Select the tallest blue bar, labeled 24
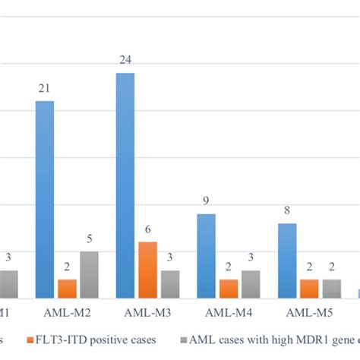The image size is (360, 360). click(125, 185)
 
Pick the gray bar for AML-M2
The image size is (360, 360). click(89, 274)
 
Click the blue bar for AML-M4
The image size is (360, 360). click(206, 256)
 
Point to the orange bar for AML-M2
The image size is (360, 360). click(67, 289)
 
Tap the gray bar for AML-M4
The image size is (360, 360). click(250, 284)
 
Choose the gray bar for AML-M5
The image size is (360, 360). click(331, 289)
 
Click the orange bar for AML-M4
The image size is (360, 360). click(228, 289)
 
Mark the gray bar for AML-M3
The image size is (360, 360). click(170, 284)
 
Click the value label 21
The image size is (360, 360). click(45, 89)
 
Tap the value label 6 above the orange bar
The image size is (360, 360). click(148, 229)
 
